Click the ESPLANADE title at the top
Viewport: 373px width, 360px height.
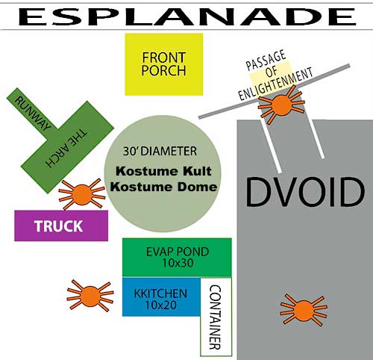coord(187,16)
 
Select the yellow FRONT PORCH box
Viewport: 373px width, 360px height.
coord(164,64)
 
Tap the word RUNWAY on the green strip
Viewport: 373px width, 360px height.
coord(32,114)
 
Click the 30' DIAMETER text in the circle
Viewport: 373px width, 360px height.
coord(160,151)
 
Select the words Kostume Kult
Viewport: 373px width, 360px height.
coord(163,171)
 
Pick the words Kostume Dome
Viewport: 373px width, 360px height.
coord(163,187)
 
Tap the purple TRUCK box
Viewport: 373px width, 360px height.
coord(61,226)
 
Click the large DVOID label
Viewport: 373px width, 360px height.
coord(305,192)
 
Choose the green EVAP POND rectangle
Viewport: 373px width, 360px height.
coord(177,258)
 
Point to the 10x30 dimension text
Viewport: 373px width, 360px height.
coord(178,263)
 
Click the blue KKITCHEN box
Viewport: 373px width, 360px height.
coord(161,297)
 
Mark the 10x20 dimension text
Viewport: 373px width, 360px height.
coord(160,305)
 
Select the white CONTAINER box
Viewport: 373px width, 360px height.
coord(216,317)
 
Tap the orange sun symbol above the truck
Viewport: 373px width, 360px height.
coord(82,194)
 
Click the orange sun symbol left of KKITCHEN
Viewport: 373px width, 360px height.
coord(90,296)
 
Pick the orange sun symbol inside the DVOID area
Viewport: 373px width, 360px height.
coord(304,310)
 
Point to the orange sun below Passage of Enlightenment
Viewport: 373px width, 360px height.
coord(281,105)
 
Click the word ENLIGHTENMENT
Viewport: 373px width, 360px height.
coord(275,84)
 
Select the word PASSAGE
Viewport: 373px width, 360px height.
coord(266,60)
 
